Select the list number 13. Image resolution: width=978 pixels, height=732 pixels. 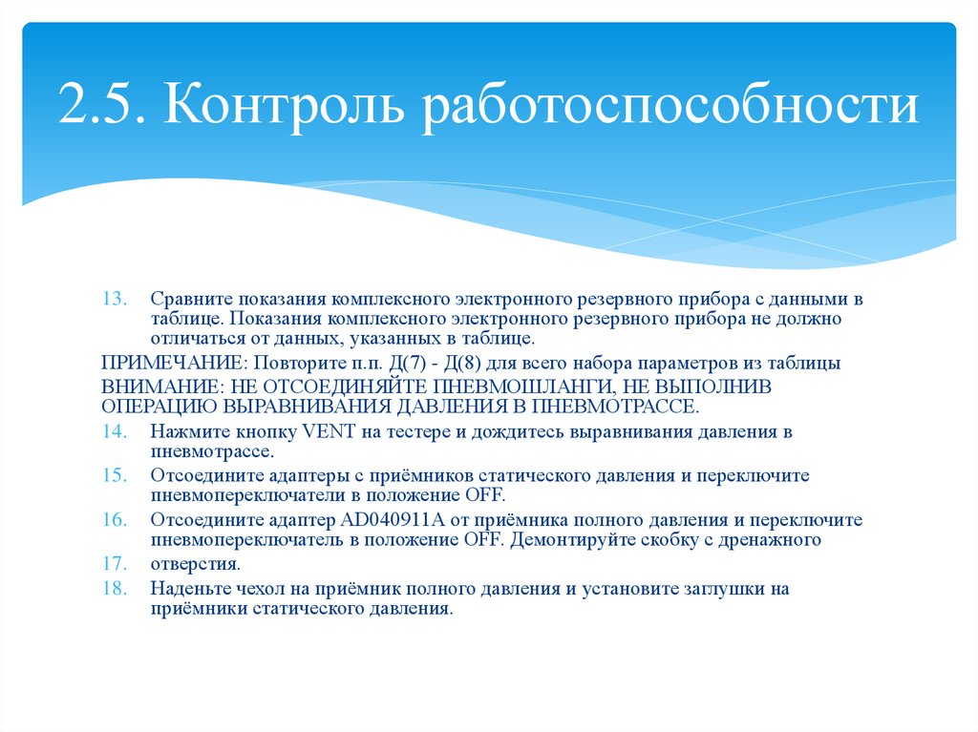[114, 300]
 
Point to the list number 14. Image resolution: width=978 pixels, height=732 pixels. [114, 431]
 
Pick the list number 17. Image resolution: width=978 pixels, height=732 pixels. [114, 562]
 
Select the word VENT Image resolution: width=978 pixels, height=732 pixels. [330, 431]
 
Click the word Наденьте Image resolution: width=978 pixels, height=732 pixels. [190, 589]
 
